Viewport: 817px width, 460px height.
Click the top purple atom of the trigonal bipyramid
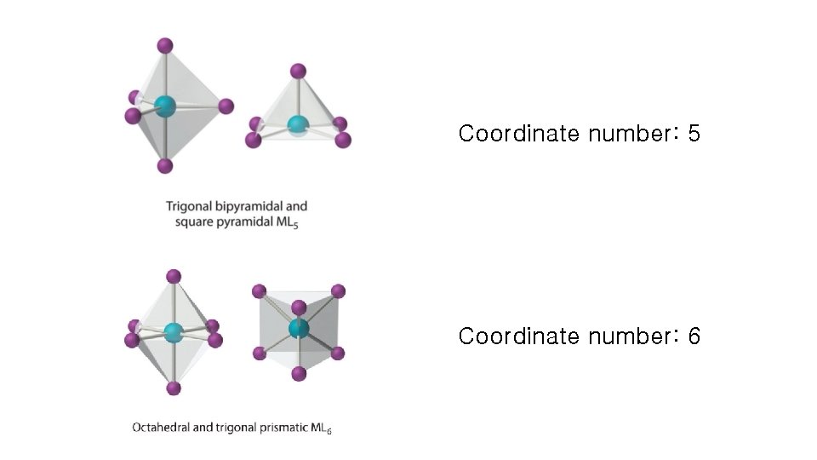click(x=165, y=45)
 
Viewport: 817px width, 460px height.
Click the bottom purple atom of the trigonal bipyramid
click(x=165, y=165)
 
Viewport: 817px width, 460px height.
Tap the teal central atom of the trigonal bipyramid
click(x=165, y=106)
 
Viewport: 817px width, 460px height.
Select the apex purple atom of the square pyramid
click(x=298, y=71)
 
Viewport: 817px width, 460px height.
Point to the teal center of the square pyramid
click(x=297, y=125)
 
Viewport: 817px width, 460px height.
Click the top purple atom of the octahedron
click(x=174, y=276)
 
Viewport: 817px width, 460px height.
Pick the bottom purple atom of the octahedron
click(x=174, y=388)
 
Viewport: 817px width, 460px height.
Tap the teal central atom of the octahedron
click(x=174, y=332)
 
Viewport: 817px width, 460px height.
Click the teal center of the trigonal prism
click(x=298, y=328)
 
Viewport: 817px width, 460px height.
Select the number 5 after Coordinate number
click(x=694, y=134)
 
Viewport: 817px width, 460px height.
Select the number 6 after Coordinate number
click(x=694, y=336)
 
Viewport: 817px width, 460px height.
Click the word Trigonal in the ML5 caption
click(x=188, y=206)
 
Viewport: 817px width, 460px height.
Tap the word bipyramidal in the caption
click(x=247, y=206)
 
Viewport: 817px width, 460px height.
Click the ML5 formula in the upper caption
click(x=289, y=224)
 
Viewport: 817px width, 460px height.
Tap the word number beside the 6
click(x=631, y=336)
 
